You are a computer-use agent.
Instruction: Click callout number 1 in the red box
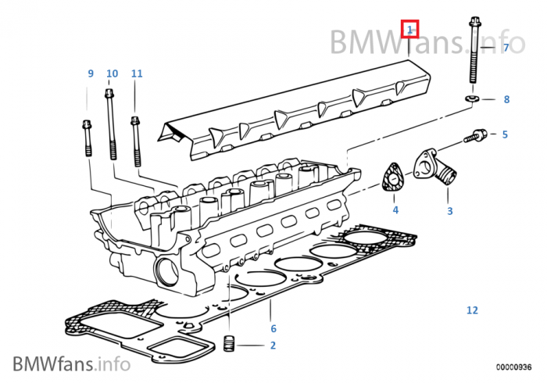tap(409, 30)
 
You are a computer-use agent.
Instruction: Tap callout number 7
tap(506, 48)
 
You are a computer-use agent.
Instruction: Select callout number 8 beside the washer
tap(506, 99)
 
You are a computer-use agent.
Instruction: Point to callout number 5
tap(505, 134)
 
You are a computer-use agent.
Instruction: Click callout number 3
tap(449, 211)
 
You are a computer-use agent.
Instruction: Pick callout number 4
tap(395, 210)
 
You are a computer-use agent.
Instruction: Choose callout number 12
tap(472, 310)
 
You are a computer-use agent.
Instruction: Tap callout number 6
tap(273, 328)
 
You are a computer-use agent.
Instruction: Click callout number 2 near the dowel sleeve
tap(273, 345)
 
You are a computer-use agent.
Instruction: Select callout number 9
tap(90, 73)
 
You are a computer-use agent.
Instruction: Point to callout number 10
tap(112, 73)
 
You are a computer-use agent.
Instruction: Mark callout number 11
tap(137, 73)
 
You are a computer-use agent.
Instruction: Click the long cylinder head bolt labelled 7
tap(474, 55)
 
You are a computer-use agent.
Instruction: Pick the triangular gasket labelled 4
tap(391, 179)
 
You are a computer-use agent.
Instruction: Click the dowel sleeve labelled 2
tap(230, 344)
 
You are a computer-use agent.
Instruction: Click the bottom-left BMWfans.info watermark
tap(70, 363)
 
